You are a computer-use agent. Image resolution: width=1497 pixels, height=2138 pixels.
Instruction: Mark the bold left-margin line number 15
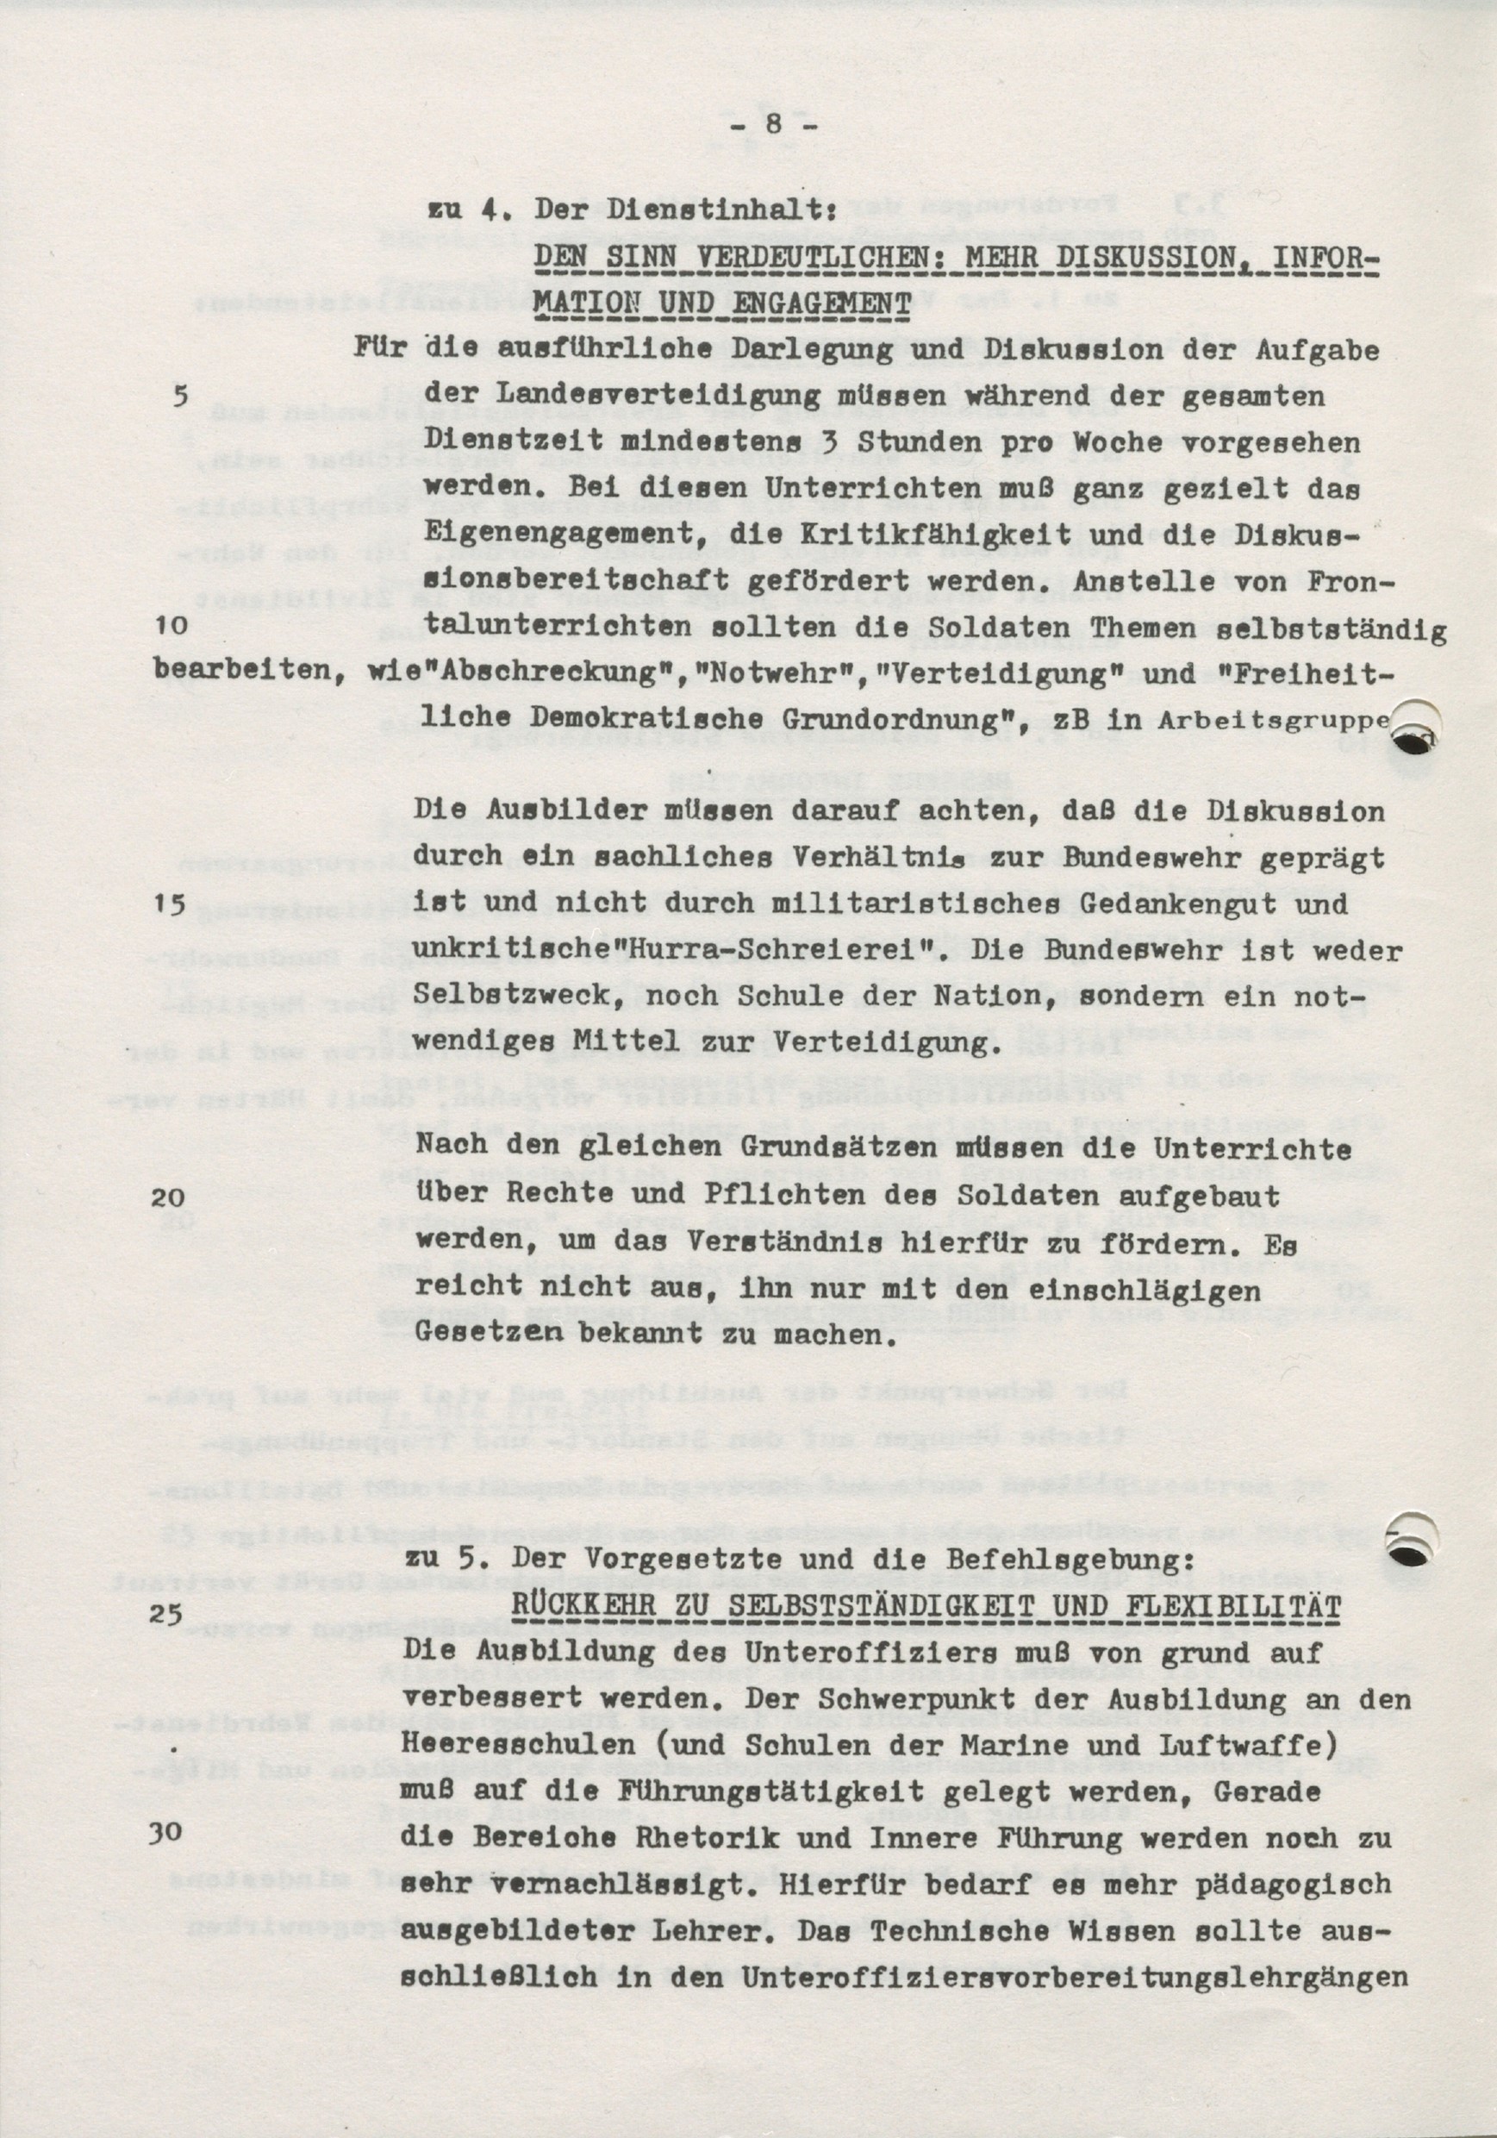pyautogui.click(x=170, y=904)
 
